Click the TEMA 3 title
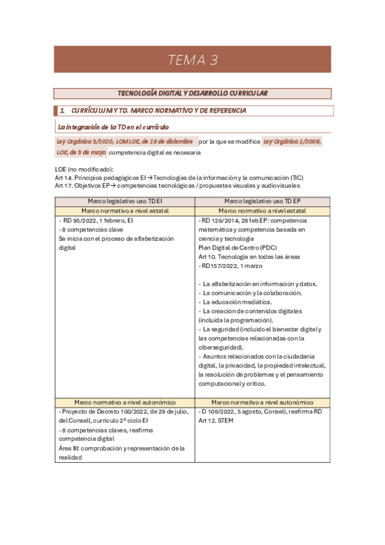193,60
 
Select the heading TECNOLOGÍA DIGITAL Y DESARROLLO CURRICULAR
193,94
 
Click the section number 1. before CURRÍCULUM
62,111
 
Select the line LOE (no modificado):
84,169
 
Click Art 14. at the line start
64,177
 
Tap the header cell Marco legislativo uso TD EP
262,201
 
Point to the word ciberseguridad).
221,347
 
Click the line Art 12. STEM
217,421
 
